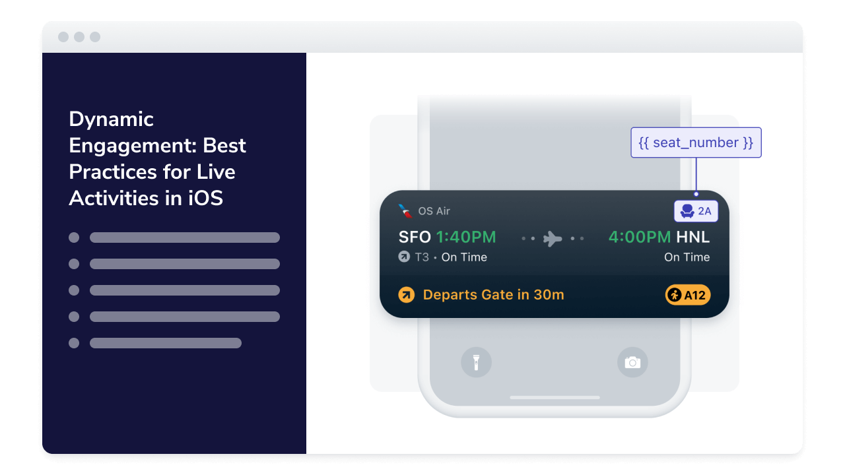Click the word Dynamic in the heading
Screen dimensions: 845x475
click(x=111, y=120)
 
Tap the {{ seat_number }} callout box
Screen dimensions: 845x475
click(x=696, y=142)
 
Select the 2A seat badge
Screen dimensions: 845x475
click(x=696, y=211)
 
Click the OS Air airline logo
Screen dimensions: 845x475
click(x=405, y=210)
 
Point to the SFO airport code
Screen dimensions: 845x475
click(x=415, y=237)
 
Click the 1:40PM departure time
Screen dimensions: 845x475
click(x=466, y=237)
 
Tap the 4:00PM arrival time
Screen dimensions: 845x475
click(x=640, y=237)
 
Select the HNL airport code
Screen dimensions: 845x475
click(x=693, y=237)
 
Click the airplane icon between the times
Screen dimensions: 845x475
click(x=553, y=239)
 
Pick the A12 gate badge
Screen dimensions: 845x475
click(x=688, y=295)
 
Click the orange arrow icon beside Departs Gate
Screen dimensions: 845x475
click(x=406, y=295)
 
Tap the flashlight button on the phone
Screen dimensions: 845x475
click(x=476, y=362)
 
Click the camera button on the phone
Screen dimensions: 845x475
click(x=632, y=362)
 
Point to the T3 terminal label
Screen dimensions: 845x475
click(x=422, y=257)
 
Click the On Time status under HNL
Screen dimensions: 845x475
click(x=687, y=257)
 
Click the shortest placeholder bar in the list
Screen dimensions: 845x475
click(x=166, y=343)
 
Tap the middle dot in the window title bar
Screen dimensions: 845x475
click(x=79, y=37)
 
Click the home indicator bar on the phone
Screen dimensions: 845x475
click(x=555, y=397)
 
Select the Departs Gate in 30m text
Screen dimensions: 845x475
click(x=493, y=295)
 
